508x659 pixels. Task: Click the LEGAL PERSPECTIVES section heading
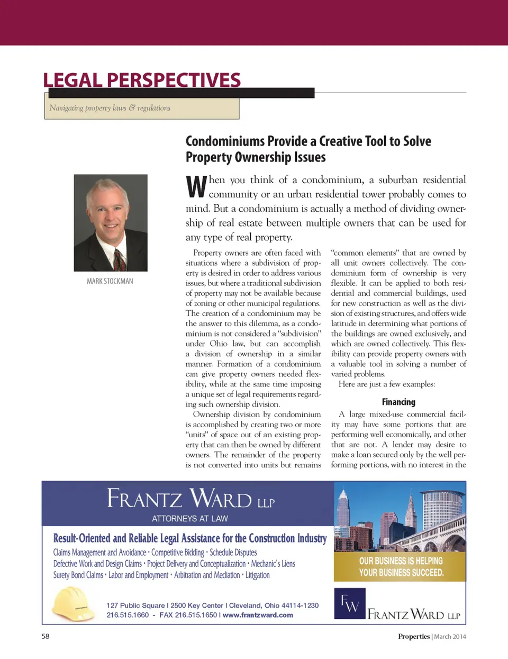tap(142, 80)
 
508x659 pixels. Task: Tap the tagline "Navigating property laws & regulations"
tap(110, 108)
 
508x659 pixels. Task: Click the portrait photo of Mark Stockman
tap(111, 222)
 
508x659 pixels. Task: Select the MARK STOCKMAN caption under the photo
tap(110, 281)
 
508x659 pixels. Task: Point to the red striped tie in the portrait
tap(120, 259)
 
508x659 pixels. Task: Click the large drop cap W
tap(196, 186)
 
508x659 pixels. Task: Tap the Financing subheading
tap(398, 402)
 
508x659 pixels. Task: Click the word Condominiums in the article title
tap(225, 141)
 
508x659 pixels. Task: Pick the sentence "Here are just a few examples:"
tap(386, 384)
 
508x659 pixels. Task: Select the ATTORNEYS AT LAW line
tap(190, 519)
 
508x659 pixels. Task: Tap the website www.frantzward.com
tap(258, 615)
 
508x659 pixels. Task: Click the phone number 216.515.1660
tap(128, 615)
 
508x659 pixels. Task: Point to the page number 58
tap(46, 636)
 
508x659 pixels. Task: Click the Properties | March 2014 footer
tap(432, 636)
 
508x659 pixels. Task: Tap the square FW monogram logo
tap(350, 603)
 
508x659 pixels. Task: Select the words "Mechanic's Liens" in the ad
tap(273, 564)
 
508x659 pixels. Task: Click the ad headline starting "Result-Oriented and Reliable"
tap(189, 538)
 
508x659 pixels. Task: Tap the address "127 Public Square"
tap(135, 605)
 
